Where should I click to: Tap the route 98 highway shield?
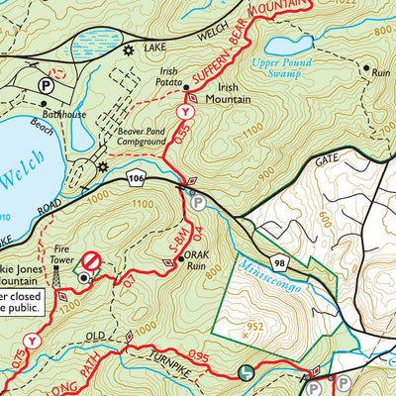tap(280, 261)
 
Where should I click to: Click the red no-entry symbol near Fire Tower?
tap(91, 260)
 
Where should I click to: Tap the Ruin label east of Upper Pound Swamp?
tap(377, 72)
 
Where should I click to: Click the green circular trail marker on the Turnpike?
tap(246, 372)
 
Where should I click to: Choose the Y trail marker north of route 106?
tap(181, 114)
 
